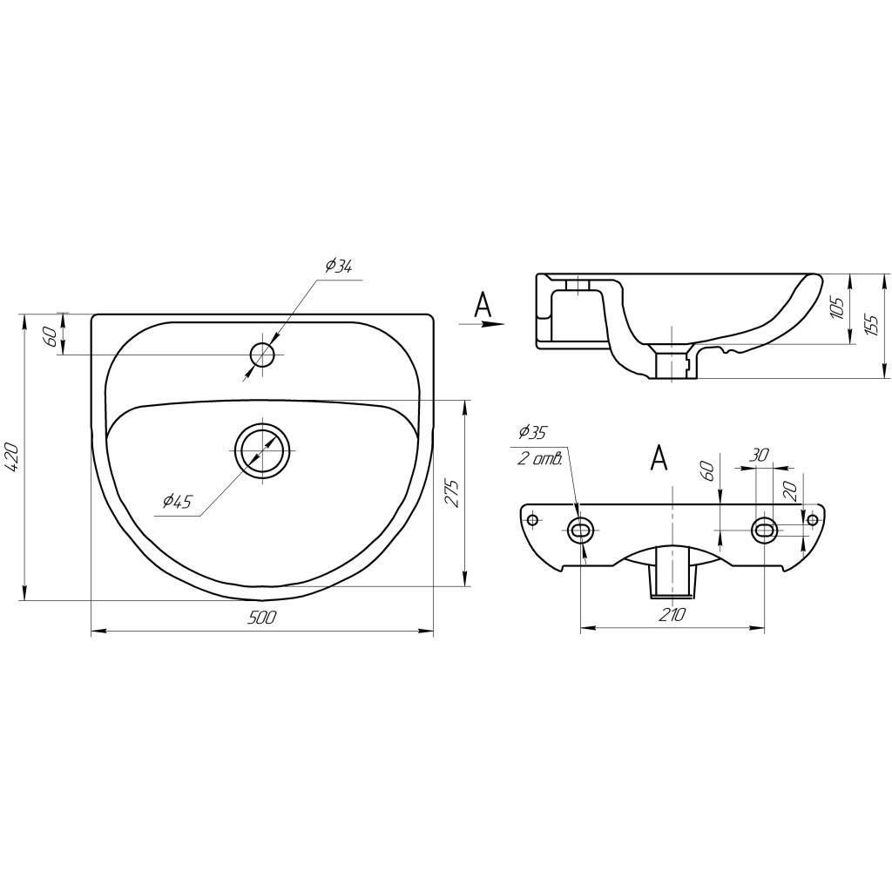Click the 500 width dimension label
263,618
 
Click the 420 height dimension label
13,456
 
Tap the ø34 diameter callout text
339,267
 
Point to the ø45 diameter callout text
178,501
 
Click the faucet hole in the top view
262,355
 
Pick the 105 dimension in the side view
837,307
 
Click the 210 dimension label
673,614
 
